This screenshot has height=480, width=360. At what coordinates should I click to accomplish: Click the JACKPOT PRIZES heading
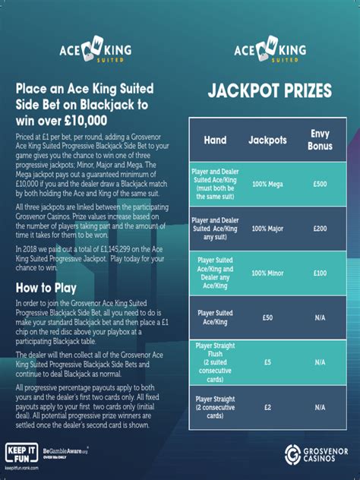click(270, 92)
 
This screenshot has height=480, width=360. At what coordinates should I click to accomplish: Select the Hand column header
click(215, 141)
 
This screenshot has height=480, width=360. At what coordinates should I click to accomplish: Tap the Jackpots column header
click(267, 141)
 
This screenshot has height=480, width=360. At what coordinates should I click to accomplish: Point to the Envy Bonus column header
click(320, 140)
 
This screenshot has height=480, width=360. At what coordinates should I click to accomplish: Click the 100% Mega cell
click(267, 185)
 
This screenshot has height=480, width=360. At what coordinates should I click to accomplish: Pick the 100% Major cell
click(267, 228)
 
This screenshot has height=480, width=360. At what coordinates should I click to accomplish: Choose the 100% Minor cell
click(267, 272)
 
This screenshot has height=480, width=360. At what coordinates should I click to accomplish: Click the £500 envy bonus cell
click(320, 185)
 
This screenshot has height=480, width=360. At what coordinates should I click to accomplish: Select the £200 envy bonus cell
click(320, 228)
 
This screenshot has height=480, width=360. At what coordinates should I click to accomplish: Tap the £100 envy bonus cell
click(320, 272)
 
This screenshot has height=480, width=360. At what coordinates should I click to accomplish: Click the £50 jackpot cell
click(267, 314)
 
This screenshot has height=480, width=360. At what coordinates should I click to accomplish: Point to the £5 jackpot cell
click(267, 362)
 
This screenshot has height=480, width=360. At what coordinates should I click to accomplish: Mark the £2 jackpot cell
click(267, 406)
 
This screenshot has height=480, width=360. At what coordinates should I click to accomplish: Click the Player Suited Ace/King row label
click(216, 314)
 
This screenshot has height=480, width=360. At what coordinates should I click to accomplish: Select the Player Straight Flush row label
click(216, 362)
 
